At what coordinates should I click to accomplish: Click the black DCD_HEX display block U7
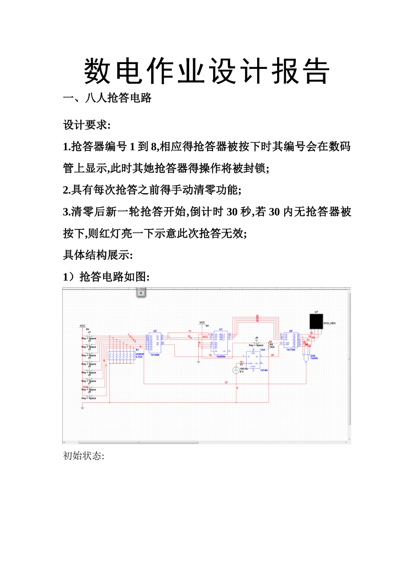point(316,321)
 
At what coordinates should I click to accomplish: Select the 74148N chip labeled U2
point(155,343)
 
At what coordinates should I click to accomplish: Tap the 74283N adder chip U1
point(221,343)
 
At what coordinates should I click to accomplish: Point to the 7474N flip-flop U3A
point(253,360)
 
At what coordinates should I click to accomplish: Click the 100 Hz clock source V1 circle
point(236,370)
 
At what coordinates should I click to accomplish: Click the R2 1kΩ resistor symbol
point(268,347)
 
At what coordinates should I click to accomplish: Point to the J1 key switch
point(89,336)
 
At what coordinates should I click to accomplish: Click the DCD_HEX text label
point(329,324)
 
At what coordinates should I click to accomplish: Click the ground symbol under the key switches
point(82,408)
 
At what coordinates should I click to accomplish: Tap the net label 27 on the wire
point(226,382)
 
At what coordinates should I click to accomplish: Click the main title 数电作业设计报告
point(207,71)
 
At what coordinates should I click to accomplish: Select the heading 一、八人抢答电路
point(107,98)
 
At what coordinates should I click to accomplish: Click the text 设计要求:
point(87,125)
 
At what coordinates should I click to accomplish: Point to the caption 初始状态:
point(84,456)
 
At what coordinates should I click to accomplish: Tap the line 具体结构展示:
point(98,255)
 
